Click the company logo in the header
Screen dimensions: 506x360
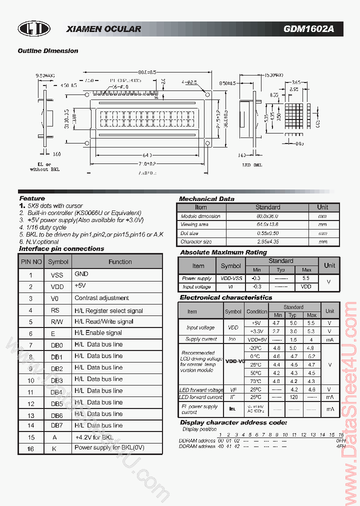pos(34,29)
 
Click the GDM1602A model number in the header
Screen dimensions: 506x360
pos(308,29)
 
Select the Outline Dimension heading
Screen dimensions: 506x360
pos(48,51)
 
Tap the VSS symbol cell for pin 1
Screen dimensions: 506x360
pos(57,275)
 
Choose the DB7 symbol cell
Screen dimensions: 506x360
pos(56,425)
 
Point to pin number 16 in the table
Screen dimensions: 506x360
pos(30,448)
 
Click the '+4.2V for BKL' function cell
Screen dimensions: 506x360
pos(94,437)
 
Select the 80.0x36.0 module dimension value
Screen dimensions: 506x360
pos(267,216)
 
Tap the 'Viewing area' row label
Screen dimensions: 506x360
pos(195,224)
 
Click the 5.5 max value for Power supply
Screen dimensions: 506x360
pos(306,278)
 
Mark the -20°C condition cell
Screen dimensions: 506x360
pos(255,347)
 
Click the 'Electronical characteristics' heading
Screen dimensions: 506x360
pos(225,297)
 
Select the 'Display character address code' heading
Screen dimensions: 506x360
pos(233,422)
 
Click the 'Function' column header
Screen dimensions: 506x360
pos(120,261)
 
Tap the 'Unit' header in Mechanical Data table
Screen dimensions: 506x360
pos(322,207)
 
